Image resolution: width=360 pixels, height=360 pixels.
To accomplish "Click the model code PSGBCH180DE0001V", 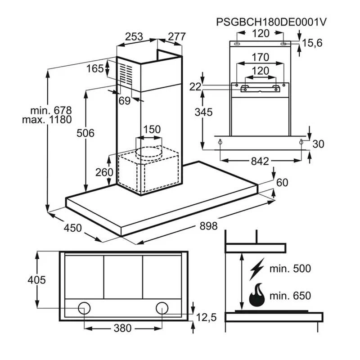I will [x=271, y=22].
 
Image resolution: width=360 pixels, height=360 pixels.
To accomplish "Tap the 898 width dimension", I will [x=208, y=225].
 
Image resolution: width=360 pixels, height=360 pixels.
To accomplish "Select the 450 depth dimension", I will [x=72, y=228].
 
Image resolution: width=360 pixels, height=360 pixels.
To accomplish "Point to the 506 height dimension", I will [x=86, y=133].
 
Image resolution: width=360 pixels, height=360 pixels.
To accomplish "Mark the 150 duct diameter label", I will [x=152, y=130].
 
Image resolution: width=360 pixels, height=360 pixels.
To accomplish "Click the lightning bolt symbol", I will [x=257, y=269].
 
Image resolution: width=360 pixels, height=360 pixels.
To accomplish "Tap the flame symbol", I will [x=257, y=295].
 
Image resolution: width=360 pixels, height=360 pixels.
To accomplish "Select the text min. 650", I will [x=290, y=296].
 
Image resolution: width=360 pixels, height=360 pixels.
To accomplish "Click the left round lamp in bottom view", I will [x=84, y=308].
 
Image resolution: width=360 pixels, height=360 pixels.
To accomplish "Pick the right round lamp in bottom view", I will [x=162, y=308].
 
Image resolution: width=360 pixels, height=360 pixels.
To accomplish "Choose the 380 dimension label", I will [x=122, y=328].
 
